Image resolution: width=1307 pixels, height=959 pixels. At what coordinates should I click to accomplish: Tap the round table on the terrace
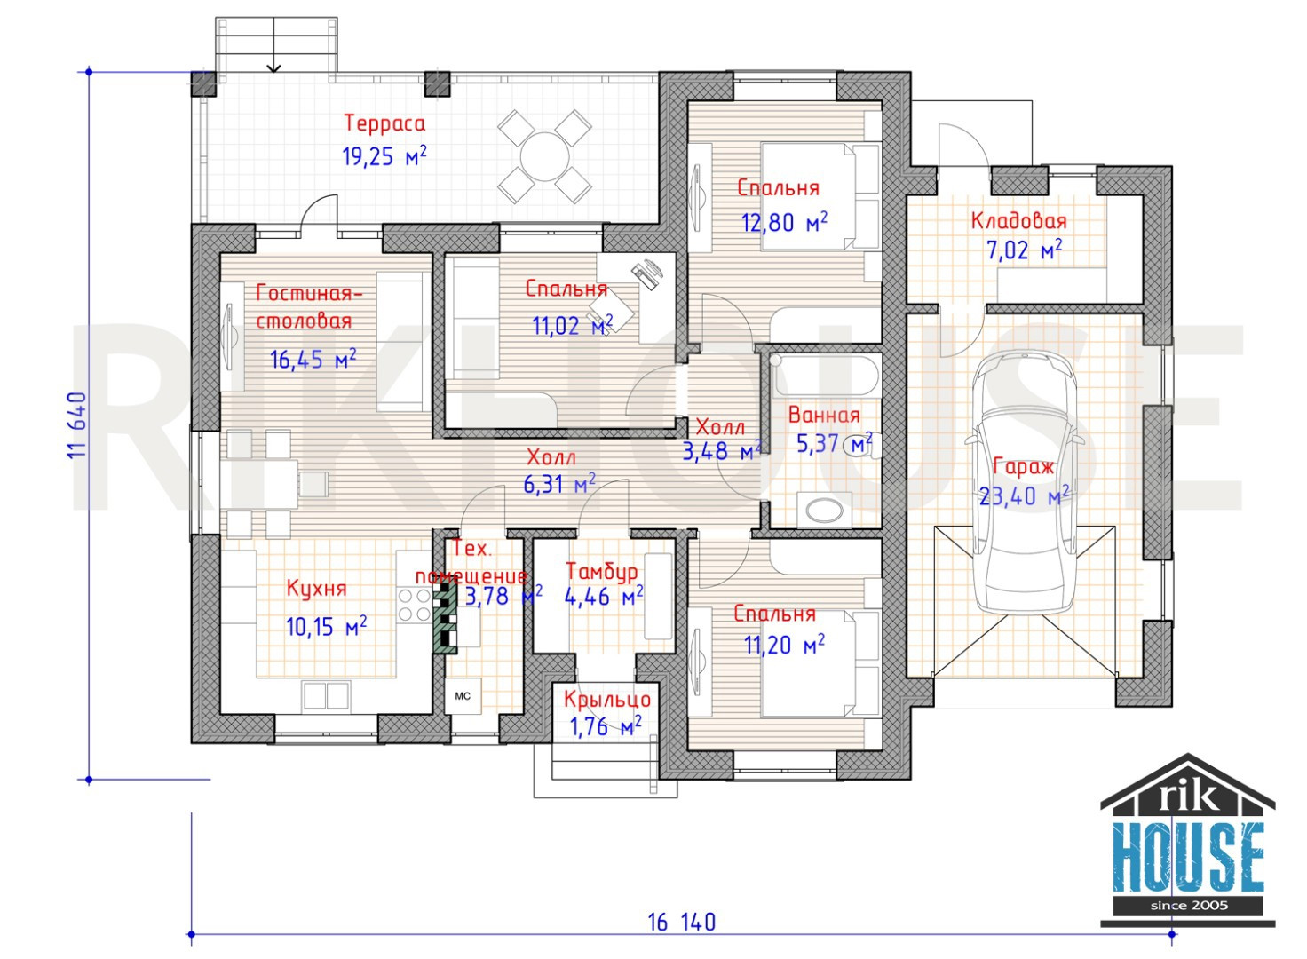click(x=544, y=157)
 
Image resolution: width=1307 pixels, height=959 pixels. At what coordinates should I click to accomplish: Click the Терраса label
click(x=384, y=123)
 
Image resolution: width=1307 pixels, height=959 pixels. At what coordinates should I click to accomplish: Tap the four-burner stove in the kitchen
click(x=415, y=605)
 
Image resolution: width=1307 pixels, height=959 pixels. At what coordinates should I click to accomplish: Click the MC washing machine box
click(x=463, y=696)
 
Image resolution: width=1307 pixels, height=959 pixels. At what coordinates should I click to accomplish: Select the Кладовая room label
click(x=1018, y=221)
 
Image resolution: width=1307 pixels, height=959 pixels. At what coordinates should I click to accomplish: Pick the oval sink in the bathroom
click(x=824, y=511)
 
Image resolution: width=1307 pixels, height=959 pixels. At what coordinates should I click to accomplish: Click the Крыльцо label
click(x=606, y=699)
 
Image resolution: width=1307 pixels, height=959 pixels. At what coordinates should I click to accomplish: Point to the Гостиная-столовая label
click(x=309, y=306)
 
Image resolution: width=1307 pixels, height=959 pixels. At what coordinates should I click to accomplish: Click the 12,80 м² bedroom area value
click(x=784, y=222)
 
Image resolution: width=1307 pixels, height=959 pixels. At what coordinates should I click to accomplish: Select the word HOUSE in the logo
click(x=1187, y=858)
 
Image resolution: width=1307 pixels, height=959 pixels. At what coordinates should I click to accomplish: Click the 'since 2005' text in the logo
click(x=1189, y=906)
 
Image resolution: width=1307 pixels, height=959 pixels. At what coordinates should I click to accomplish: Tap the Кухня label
click(x=316, y=588)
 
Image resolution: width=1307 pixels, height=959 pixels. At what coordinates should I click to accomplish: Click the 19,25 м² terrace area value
click(x=384, y=156)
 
